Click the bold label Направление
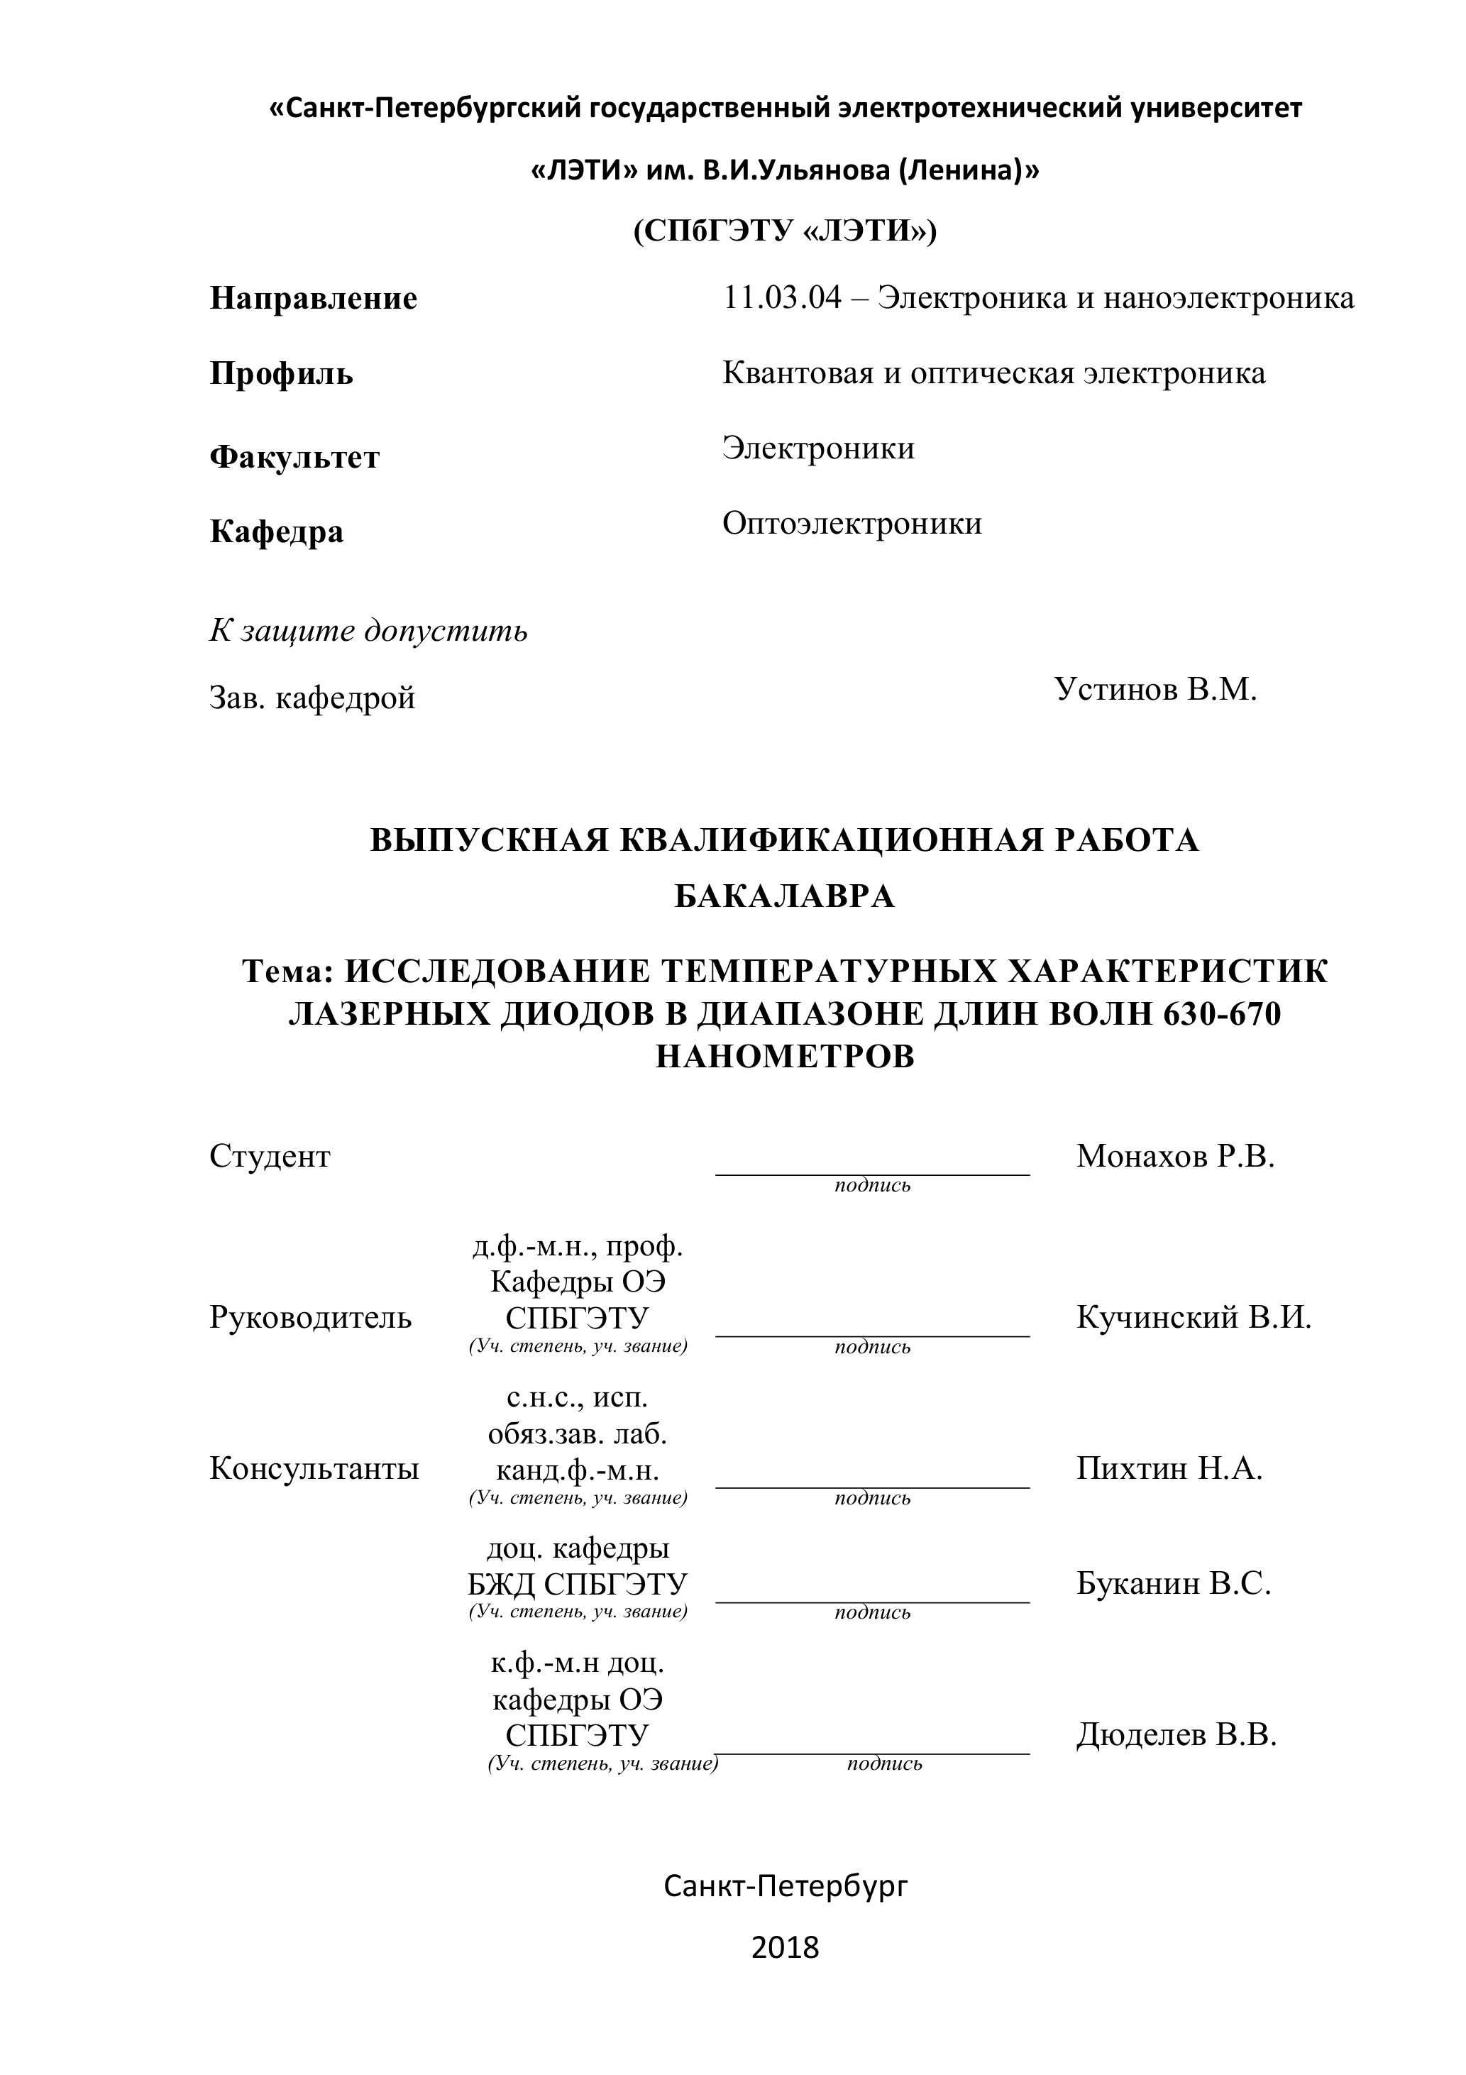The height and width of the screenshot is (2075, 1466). tap(313, 298)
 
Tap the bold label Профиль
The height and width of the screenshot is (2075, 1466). tap(281, 373)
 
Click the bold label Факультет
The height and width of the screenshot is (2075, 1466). tap(294, 457)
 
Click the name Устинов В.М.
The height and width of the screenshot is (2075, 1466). tap(1155, 690)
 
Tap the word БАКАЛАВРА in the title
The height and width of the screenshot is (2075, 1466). tap(785, 896)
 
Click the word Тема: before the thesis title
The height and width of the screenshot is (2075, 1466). tap(290, 972)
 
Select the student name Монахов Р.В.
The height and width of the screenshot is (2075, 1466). tap(1175, 1156)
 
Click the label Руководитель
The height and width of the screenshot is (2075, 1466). tap(310, 1318)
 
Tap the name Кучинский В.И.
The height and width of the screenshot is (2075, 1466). tap(1193, 1318)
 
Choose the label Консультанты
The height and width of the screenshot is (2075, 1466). tap(314, 1468)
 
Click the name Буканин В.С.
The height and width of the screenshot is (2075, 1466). tap(1173, 1583)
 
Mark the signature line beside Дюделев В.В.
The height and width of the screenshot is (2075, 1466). tap(872, 1752)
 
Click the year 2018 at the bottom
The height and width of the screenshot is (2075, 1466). tap(785, 1947)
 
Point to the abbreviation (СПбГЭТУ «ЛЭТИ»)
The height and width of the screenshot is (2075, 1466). tap(785, 232)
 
